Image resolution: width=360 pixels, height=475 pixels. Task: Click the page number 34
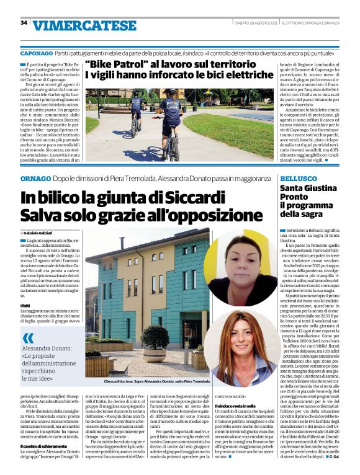point(24,23)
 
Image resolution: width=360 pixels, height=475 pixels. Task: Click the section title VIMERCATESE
point(84,25)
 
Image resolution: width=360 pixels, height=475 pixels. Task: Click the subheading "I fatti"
point(26,305)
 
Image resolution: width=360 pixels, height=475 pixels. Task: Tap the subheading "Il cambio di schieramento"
point(44,445)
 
